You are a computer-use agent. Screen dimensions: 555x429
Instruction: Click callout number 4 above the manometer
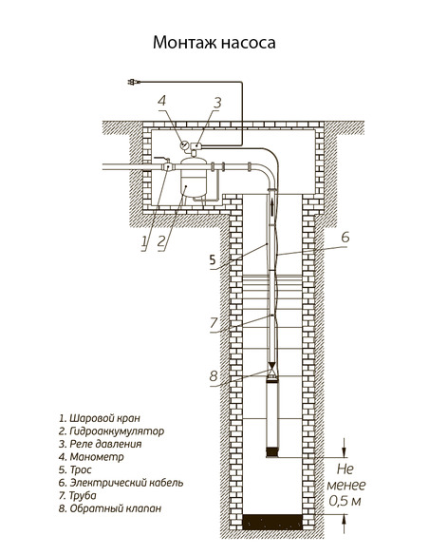pos(162,101)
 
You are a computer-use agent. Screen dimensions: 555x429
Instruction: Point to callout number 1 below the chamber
pos(144,241)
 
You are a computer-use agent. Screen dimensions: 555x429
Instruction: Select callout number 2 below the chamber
pos(162,241)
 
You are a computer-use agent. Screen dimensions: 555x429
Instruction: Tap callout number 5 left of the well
pos(213,258)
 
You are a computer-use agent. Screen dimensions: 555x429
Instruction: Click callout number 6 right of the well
pos(345,236)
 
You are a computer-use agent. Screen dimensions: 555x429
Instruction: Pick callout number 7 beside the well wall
pos(214,323)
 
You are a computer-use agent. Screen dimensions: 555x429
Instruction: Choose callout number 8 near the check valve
pos(214,375)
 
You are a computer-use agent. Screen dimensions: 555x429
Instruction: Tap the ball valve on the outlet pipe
pos(168,166)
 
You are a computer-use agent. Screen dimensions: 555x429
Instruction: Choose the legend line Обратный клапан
pos(104,508)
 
